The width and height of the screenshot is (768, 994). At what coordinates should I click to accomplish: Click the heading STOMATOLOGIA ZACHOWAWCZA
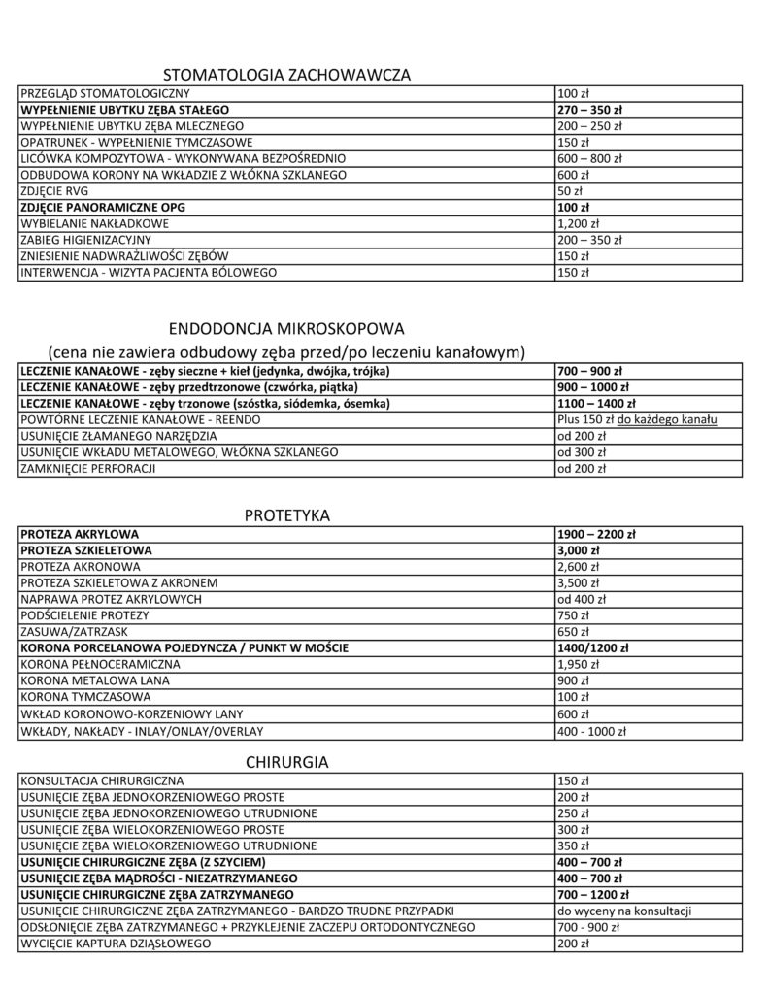pos(287,75)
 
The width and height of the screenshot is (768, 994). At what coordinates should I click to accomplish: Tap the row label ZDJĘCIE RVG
pos(53,191)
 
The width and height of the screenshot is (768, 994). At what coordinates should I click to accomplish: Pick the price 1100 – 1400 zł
pos(596,403)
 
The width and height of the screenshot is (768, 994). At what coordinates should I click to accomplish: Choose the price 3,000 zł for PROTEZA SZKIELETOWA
pos(579,550)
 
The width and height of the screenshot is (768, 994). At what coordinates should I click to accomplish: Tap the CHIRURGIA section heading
pos(287,762)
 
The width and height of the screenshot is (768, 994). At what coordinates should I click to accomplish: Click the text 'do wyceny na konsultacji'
pos(622,911)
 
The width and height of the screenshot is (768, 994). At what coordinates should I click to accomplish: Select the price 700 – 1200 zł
pos(593,894)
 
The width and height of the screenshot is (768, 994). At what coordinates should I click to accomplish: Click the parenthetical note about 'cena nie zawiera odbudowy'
pos(286,349)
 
